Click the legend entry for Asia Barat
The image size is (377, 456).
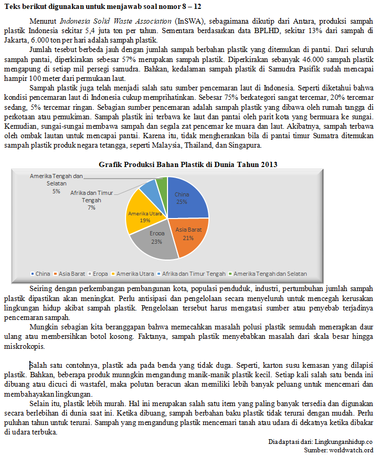tap(71, 274)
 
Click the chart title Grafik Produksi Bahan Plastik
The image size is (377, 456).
tap(188, 164)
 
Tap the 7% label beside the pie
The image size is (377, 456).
tap(91, 208)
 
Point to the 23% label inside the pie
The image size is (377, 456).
tap(156, 242)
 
